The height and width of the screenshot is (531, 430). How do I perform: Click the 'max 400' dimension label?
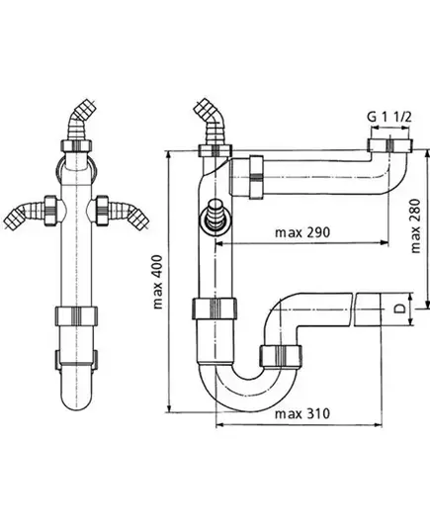(x=158, y=282)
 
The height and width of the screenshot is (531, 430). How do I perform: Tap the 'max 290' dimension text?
(x=302, y=232)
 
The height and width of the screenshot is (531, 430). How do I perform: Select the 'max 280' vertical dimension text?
(x=415, y=225)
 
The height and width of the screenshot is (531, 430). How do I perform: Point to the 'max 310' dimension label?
(x=302, y=414)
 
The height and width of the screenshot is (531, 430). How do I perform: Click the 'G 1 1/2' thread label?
(x=389, y=117)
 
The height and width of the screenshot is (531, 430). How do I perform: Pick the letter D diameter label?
(x=400, y=309)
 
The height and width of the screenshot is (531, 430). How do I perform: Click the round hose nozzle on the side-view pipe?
(x=215, y=218)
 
